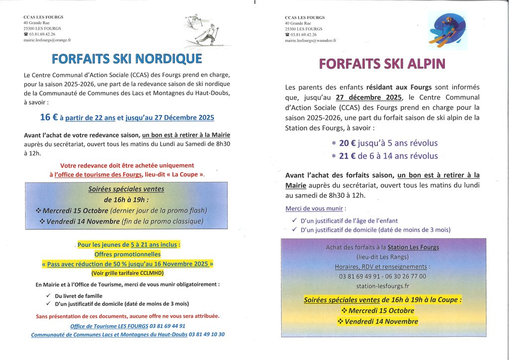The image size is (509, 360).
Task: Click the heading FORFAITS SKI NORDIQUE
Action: click(x=127, y=59)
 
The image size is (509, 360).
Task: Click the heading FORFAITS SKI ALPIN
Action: click(x=382, y=64)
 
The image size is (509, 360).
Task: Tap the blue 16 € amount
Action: click(x=49, y=117)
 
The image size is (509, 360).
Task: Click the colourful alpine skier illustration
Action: click(x=447, y=29)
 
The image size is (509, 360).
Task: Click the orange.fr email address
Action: click(x=47, y=40)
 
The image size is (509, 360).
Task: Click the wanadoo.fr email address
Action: click(x=310, y=40)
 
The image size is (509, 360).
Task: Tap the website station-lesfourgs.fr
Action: click(x=383, y=286)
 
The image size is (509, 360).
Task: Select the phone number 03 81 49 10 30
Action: click(x=207, y=335)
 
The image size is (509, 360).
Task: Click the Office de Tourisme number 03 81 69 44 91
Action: click(x=168, y=326)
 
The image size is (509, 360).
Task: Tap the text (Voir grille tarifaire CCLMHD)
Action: click(x=127, y=273)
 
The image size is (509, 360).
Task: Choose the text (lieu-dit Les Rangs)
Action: click(x=382, y=257)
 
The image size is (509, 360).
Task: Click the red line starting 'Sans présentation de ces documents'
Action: click(x=127, y=316)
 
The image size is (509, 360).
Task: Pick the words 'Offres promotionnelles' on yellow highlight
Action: click(x=127, y=254)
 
